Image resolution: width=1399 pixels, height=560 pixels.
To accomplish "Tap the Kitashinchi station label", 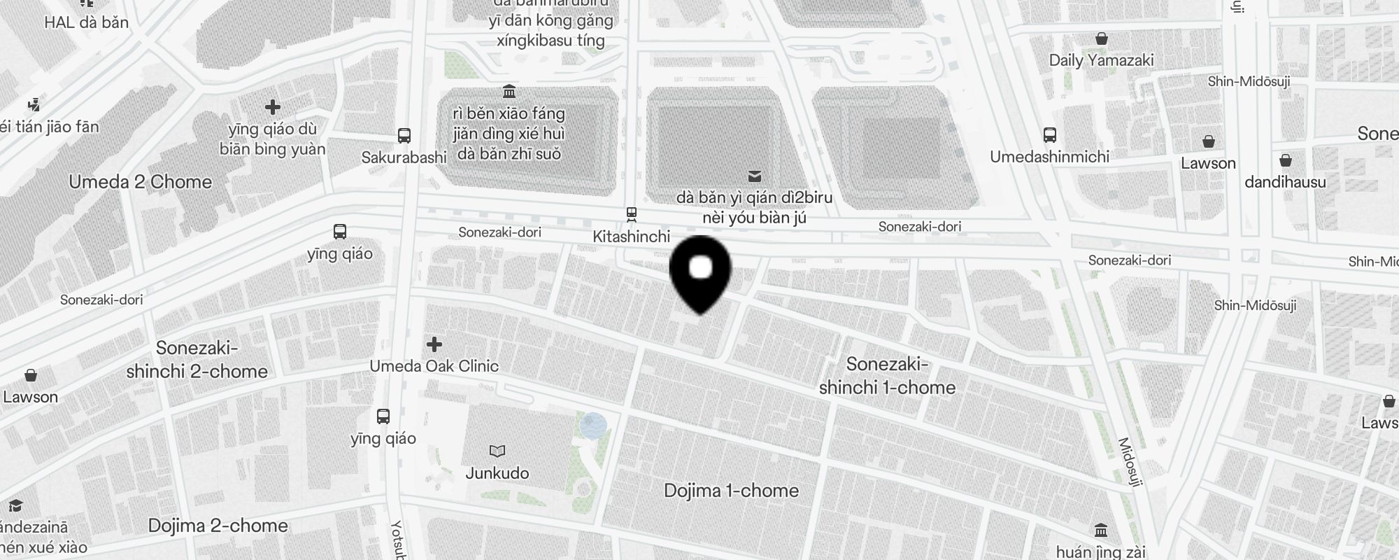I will pyautogui.click(x=631, y=237).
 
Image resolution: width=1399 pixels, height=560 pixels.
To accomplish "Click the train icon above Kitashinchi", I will pyautogui.click(x=632, y=213).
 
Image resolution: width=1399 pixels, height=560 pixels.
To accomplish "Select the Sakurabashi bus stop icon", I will pyautogui.click(x=404, y=136).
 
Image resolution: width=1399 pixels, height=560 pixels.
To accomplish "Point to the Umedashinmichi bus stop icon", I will pyautogui.click(x=1049, y=135).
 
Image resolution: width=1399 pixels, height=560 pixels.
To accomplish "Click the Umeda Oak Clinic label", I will pyautogui.click(x=434, y=366).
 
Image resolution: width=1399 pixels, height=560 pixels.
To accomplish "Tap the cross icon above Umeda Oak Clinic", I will pyautogui.click(x=434, y=344).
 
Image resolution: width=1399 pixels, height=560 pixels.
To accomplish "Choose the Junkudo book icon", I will pyautogui.click(x=497, y=451).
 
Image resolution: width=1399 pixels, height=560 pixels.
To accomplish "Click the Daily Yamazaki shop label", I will pyautogui.click(x=1101, y=60).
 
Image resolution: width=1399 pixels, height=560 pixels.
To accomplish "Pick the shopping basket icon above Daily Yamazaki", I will pyautogui.click(x=1102, y=38).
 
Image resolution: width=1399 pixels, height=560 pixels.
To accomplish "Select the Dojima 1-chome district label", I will pyautogui.click(x=731, y=491).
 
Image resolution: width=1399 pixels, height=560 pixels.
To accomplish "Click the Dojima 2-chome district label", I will pyautogui.click(x=218, y=526).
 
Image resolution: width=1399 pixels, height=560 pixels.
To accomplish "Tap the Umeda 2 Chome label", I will pyautogui.click(x=140, y=182).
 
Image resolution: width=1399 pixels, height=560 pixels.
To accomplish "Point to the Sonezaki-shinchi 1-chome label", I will pyautogui.click(x=887, y=376).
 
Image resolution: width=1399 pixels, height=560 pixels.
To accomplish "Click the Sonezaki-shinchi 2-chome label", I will pyautogui.click(x=197, y=360).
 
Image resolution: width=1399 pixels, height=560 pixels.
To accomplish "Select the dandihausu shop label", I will pyautogui.click(x=1285, y=183).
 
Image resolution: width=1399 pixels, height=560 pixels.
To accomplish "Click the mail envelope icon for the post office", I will pyautogui.click(x=755, y=176).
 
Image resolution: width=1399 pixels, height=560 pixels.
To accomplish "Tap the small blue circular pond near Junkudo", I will pyautogui.click(x=593, y=425).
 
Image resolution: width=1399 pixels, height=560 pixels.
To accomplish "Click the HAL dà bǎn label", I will pyautogui.click(x=87, y=22).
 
